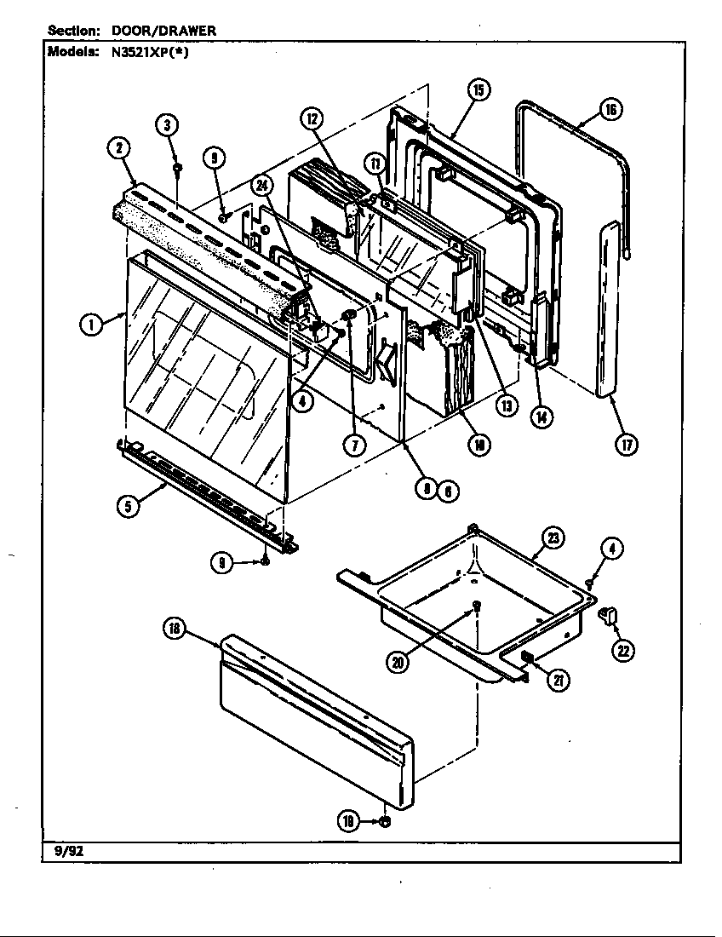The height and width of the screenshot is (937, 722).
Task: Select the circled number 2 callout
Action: point(118,147)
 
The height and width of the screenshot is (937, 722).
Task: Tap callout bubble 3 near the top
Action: point(167,125)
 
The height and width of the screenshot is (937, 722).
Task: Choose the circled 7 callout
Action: point(355,443)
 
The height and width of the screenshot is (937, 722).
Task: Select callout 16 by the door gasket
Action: point(610,110)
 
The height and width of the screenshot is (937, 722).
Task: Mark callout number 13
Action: point(507,405)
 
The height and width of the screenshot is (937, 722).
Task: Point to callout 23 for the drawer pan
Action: point(553,537)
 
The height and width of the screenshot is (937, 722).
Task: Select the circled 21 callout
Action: point(559,679)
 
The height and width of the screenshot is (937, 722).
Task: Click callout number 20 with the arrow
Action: point(397,663)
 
